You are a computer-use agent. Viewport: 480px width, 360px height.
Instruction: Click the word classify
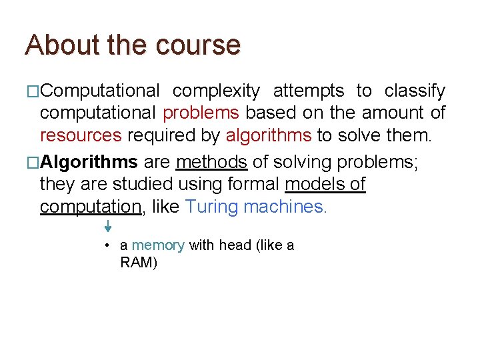pyautogui.click(x=415, y=91)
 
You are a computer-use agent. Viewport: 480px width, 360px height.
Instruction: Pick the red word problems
pyautogui.click(x=201, y=113)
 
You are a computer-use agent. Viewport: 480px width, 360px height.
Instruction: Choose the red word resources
pyautogui.click(x=81, y=136)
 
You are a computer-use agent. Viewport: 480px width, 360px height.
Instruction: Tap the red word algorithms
pyautogui.click(x=269, y=136)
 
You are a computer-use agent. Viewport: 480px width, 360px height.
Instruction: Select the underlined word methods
pyautogui.click(x=211, y=162)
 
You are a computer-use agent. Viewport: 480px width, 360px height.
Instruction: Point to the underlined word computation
pyautogui.click(x=91, y=207)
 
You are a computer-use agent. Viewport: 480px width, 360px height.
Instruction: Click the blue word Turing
pyautogui.click(x=211, y=207)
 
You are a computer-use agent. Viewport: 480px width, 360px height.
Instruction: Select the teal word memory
pyautogui.click(x=158, y=245)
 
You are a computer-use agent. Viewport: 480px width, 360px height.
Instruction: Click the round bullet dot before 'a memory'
pyautogui.click(x=107, y=245)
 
